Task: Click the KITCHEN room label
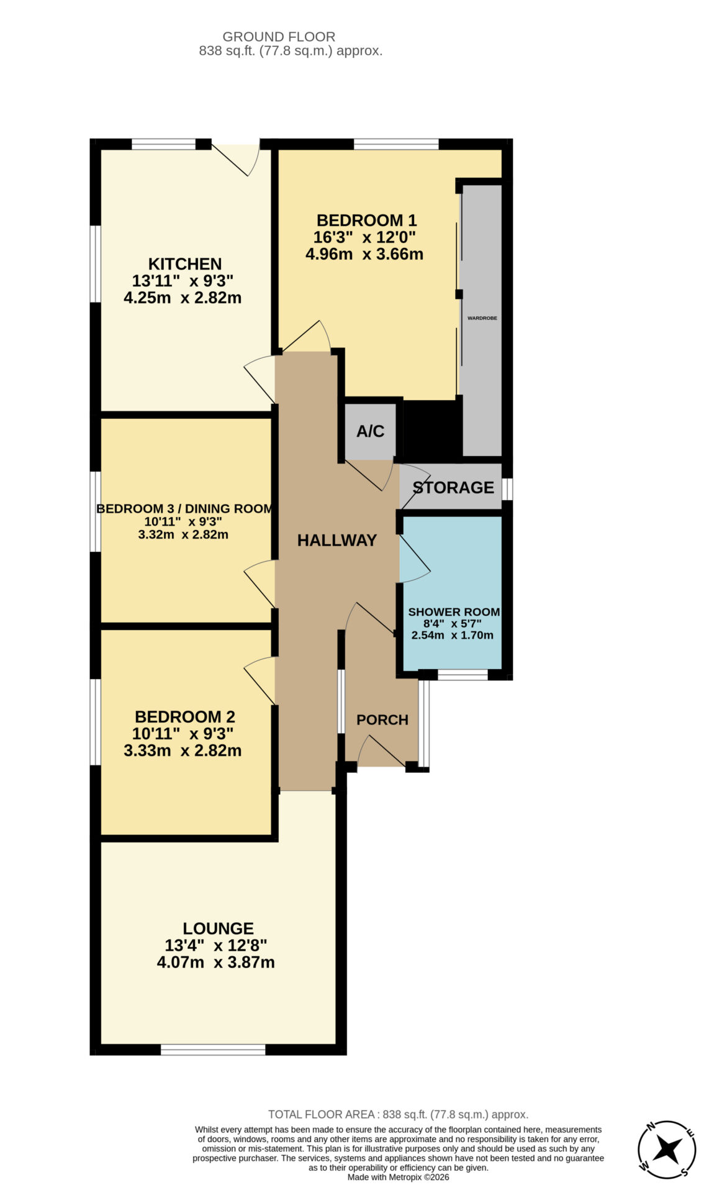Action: point(185,263)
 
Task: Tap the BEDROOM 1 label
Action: point(366,220)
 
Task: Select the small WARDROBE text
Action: point(482,318)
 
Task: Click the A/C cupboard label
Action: point(371,431)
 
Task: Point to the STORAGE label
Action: point(454,487)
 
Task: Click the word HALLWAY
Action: point(337,540)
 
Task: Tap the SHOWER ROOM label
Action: point(454,612)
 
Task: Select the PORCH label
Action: point(382,720)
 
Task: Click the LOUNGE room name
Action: point(218,928)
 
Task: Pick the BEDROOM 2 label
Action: point(185,716)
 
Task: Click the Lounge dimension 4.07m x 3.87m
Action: point(215,962)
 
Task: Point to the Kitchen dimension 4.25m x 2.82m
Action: point(183,298)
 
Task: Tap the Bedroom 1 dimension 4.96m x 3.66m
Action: point(364,254)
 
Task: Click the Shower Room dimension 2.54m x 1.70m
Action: point(453,635)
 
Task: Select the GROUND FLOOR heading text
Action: point(279,37)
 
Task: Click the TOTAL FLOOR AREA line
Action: point(398,1114)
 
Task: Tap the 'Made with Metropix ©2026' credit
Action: point(398,1177)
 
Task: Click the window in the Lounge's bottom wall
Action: point(213,1049)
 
